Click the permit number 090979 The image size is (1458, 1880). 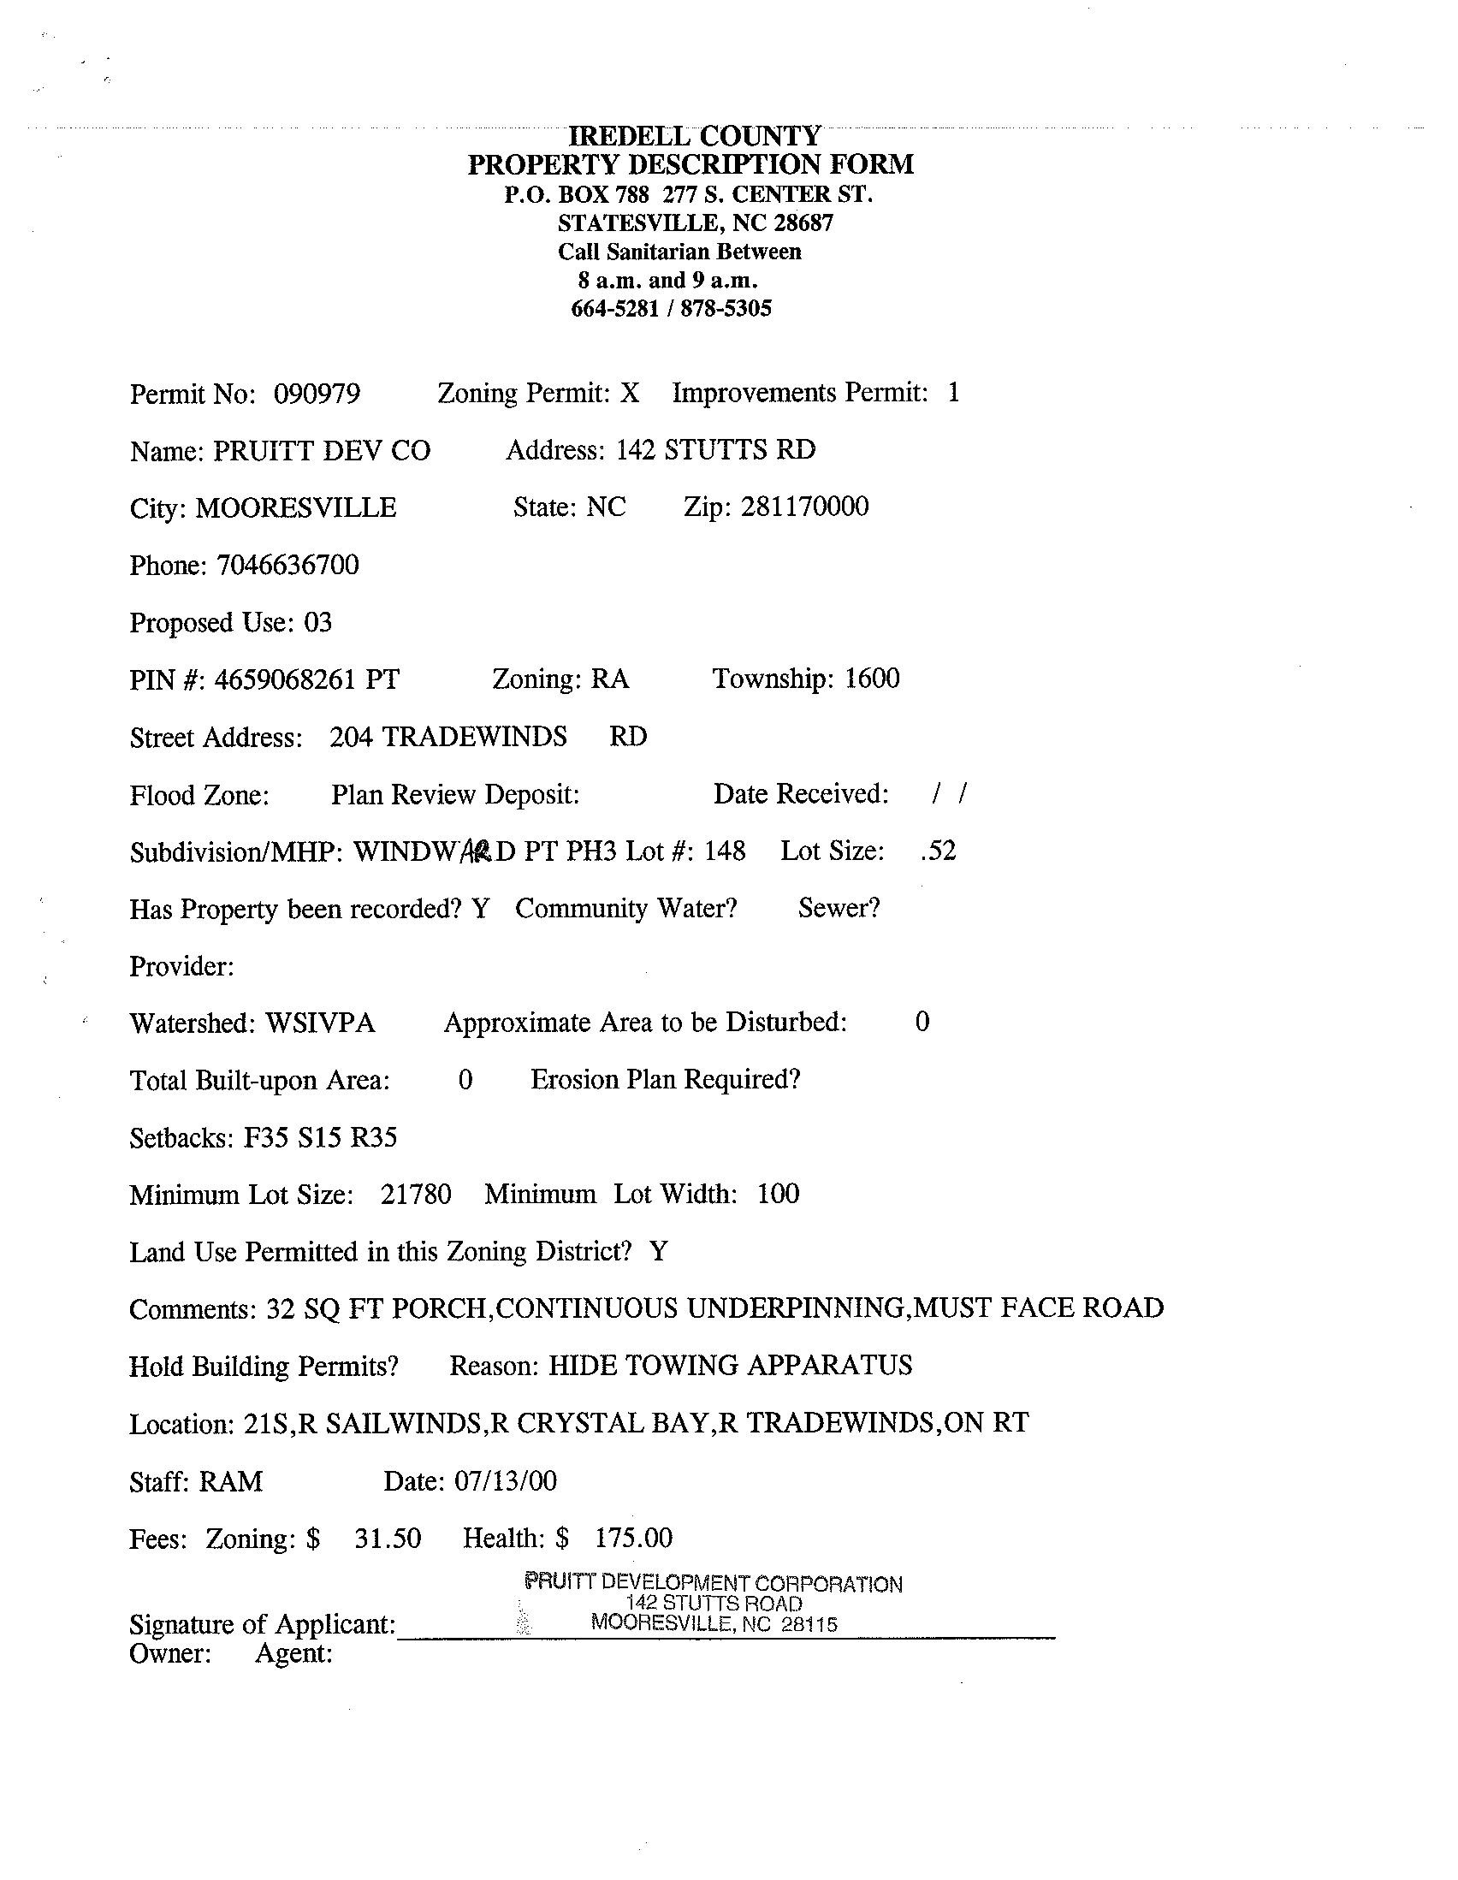(317, 394)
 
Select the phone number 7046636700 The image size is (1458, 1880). (287, 566)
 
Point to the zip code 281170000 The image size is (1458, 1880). (805, 507)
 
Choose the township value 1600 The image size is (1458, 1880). (872, 679)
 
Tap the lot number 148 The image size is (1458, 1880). (725, 851)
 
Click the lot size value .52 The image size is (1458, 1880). (937, 851)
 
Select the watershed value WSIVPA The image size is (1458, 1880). (320, 1023)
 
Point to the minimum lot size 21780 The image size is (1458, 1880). (416, 1195)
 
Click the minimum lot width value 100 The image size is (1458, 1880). (778, 1194)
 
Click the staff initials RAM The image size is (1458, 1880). (231, 1481)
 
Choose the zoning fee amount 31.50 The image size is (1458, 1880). (388, 1539)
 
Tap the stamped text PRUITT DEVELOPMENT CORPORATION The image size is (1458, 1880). (713, 1583)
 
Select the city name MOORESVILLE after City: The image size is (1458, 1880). (296, 508)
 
